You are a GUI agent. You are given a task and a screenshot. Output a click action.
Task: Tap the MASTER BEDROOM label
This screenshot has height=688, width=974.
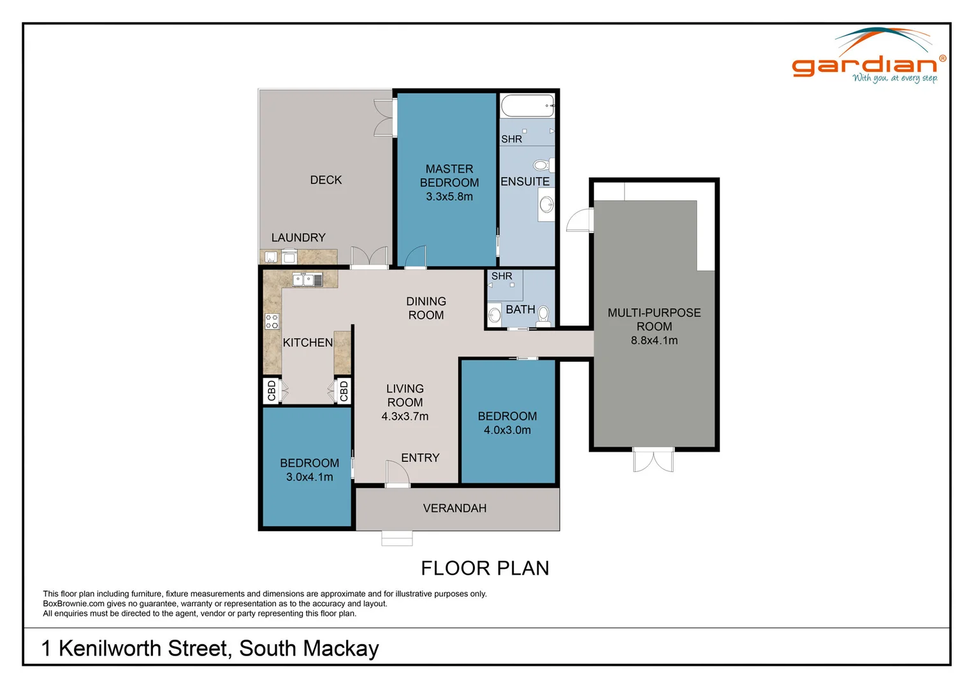(x=449, y=176)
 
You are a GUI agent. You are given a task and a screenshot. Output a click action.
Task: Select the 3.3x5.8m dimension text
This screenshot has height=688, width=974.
(x=449, y=197)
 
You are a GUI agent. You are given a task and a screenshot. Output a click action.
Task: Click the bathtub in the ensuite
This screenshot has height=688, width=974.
(x=527, y=106)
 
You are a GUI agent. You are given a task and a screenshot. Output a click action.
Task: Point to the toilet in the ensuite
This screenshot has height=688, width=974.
(x=542, y=166)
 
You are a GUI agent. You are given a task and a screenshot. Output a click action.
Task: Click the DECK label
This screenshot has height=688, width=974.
(x=326, y=180)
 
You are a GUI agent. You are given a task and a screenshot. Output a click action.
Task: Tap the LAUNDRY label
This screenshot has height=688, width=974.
(x=298, y=238)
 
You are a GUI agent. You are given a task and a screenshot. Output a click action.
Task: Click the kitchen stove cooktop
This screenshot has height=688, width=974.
(x=272, y=321)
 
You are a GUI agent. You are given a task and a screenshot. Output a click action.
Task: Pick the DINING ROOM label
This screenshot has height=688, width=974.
(x=426, y=308)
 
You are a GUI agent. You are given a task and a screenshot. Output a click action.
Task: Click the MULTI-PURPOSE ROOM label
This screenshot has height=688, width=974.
(x=654, y=319)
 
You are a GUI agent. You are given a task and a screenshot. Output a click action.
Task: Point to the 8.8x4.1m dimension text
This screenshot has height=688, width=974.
(x=654, y=340)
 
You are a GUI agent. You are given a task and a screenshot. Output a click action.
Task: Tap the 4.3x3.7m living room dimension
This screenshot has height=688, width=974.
(x=405, y=417)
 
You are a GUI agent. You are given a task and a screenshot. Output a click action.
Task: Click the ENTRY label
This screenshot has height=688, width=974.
(x=420, y=458)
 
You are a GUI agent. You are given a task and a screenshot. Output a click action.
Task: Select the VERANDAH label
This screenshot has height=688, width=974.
(x=454, y=508)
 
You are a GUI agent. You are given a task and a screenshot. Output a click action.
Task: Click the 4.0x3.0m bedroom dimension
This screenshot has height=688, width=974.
(x=507, y=430)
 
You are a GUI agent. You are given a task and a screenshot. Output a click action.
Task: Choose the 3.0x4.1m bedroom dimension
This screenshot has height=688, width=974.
(x=309, y=477)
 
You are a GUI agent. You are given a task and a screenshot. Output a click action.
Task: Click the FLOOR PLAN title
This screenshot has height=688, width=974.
(x=485, y=568)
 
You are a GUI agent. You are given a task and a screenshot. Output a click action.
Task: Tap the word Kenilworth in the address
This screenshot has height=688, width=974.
(x=144, y=649)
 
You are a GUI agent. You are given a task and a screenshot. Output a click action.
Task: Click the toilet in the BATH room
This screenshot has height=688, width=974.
(x=544, y=315)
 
